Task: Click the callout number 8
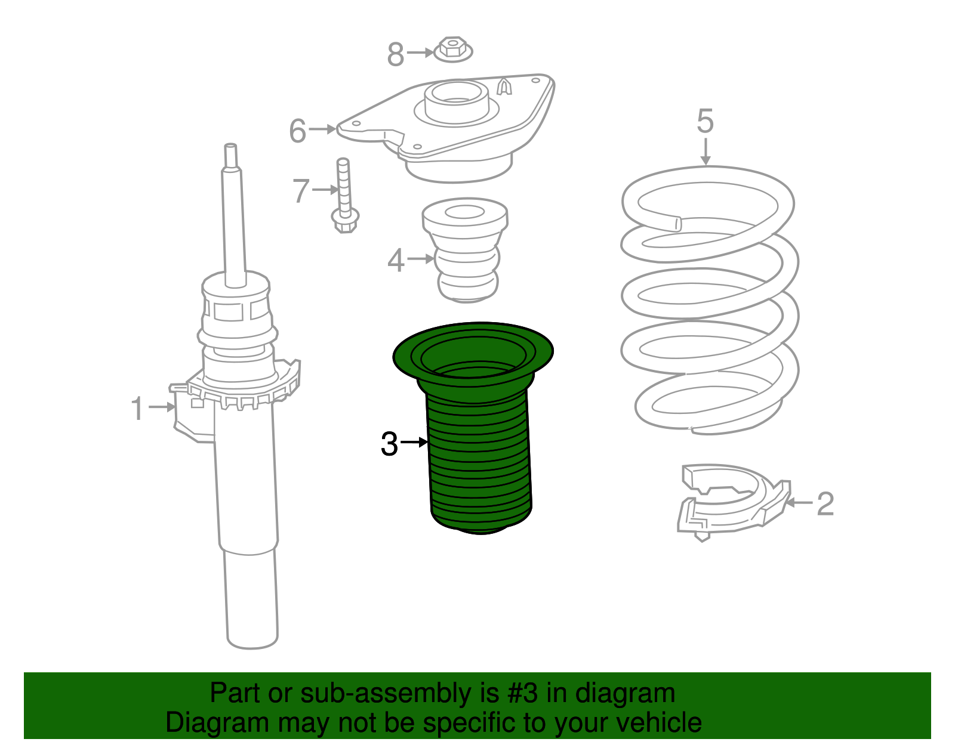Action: pos(395,54)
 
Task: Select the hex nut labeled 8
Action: pos(453,49)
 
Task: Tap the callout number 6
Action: pos(297,131)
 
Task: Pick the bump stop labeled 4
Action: pos(465,251)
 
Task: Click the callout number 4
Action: pos(396,260)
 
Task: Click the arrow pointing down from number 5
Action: pos(706,152)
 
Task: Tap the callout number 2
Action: pos(825,503)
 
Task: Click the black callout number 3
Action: pos(389,444)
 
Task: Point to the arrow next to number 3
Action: pos(414,442)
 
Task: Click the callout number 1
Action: pos(137,408)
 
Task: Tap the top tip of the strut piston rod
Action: pos(231,144)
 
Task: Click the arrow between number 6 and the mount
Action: pos(322,129)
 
